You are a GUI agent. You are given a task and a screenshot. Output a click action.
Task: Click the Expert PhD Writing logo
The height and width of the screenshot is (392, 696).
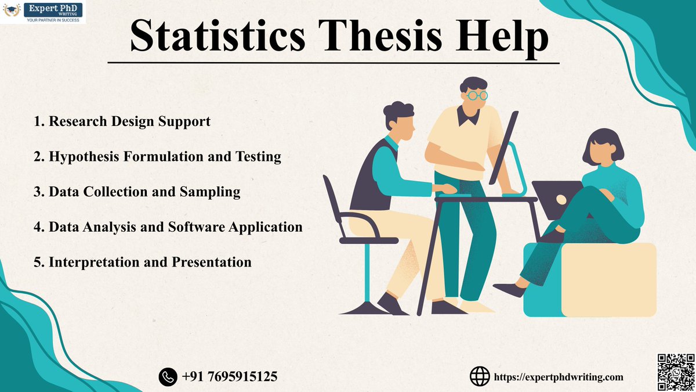pyautogui.click(x=43, y=12)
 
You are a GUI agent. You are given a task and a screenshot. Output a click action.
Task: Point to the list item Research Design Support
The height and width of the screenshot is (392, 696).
pyautogui.click(x=122, y=122)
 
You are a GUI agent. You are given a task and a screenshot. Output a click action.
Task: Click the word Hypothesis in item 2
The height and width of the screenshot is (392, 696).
pyautogui.click(x=85, y=157)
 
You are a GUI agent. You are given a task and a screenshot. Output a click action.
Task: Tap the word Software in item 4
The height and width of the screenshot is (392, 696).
pyautogui.click(x=197, y=227)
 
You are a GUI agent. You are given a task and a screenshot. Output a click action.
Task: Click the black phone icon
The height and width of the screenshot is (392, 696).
pyautogui.click(x=168, y=377)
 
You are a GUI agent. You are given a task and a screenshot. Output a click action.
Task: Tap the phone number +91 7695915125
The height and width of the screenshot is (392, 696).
pyautogui.click(x=229, y=377)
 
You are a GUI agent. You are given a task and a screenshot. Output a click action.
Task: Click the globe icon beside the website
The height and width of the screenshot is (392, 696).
pyautogui.click(x=479, y=376)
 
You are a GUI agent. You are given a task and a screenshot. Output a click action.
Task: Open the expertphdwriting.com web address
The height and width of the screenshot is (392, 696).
pyautogui.click(x=558, y=377)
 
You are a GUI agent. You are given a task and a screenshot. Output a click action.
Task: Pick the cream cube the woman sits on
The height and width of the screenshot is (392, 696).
pyautogui.click(x=609, y=279)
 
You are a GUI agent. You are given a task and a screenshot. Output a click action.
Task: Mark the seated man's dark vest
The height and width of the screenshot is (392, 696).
pyautogui.click(x=371, y=174)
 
